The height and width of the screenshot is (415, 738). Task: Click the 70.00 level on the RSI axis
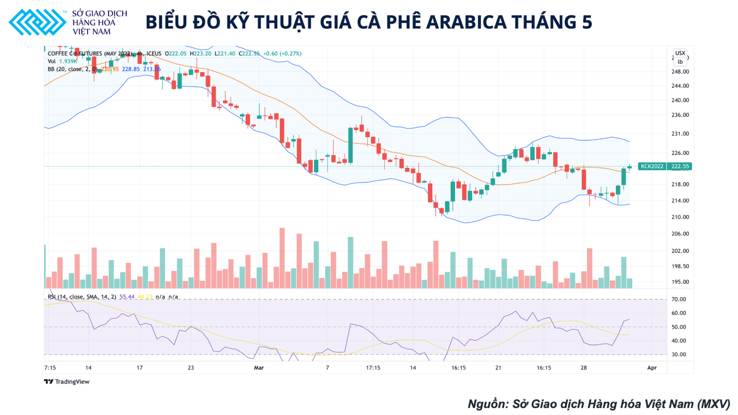point(679,299)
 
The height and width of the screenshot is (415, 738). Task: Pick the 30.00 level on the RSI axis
point(679,355)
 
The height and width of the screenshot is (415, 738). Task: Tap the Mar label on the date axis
point(259,368)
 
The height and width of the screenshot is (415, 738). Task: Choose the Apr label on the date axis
point(652,368)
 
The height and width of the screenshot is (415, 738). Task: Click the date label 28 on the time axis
point(584,368)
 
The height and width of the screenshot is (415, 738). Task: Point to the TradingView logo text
point(67,382)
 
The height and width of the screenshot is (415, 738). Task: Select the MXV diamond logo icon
point(37,22)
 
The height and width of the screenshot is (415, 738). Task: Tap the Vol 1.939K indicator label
point(62,61)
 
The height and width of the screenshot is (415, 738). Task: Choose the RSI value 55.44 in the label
point(127,297)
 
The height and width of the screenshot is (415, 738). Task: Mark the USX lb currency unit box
point(680,57)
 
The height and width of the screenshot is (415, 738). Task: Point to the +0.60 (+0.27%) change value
point(282,54)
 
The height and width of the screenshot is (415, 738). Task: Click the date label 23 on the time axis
point(191,368)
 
